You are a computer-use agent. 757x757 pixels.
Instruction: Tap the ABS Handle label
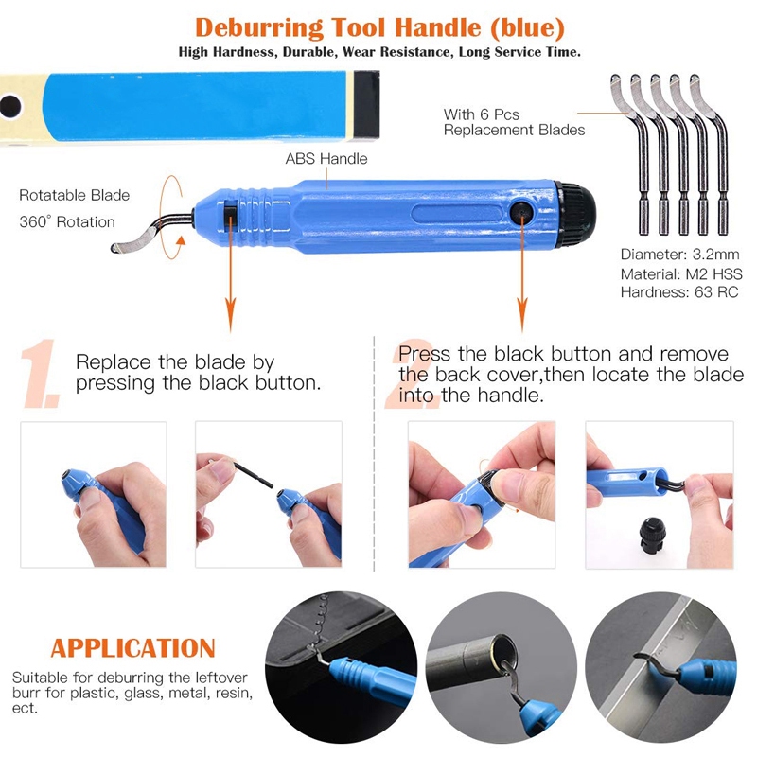[326, 158]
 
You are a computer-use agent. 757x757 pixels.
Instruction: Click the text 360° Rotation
[67, 222]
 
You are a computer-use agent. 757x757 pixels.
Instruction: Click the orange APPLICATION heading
[133, 648]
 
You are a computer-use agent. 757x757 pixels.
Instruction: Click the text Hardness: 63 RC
[679, 292]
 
